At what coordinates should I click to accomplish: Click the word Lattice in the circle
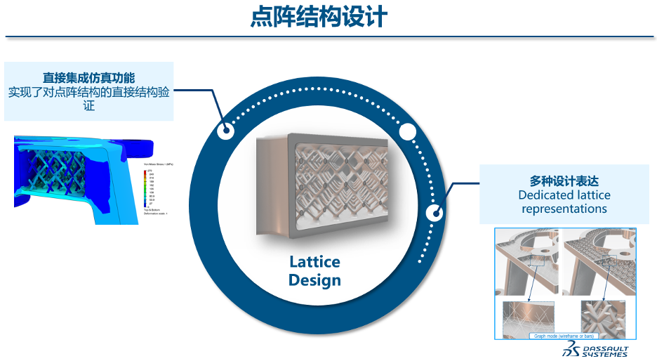tap(314, 262)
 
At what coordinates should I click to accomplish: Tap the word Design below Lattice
tap(314, 280)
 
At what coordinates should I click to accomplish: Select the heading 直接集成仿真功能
tap(88, 77)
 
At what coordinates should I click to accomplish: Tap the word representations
tap(564, 209)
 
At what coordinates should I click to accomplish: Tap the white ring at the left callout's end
tap(226, 131)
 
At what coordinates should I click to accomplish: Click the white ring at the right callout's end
tap(436, 212)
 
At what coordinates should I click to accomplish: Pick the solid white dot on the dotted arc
tap(408, 131)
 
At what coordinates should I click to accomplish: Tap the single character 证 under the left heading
tap(88, 105)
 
